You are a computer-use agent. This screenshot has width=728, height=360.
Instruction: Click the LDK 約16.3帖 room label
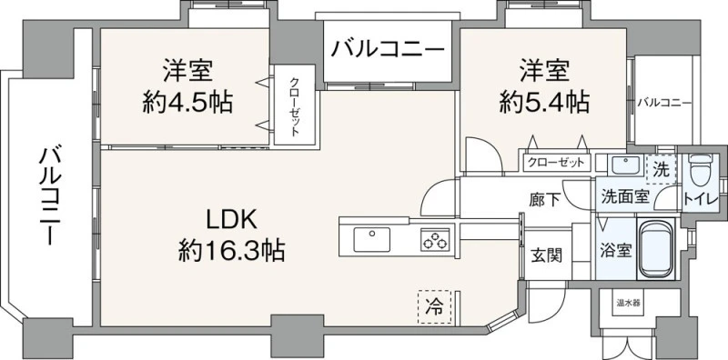(231, 235)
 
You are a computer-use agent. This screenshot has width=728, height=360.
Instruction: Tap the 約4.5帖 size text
(187, 103)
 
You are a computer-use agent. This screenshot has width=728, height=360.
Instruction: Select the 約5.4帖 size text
(544, 103)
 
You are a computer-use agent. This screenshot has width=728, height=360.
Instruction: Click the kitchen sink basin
(372, 239)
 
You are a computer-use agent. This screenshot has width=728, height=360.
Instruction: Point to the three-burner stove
(435, 239)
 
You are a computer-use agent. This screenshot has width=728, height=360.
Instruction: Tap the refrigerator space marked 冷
(434, 306)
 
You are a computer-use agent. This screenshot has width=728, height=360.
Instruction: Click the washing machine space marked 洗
(662, 170)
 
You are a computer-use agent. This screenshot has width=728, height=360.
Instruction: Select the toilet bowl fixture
(700, 170)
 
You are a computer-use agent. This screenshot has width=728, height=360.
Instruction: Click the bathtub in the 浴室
(655, 249)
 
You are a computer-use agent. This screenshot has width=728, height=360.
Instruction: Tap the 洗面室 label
(624, 196)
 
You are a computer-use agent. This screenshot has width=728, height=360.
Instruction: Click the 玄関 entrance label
(547, 255)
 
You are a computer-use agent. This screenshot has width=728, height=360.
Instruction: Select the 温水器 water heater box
(628, 304)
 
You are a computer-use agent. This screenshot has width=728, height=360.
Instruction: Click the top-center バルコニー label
(389, 49)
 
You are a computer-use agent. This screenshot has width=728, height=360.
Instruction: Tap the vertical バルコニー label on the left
(49, 195)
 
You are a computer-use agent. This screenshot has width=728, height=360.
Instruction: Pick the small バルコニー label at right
(664, 103)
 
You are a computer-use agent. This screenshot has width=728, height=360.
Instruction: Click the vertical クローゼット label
(294, 106)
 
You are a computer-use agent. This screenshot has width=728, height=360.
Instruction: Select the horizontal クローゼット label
(556, 163)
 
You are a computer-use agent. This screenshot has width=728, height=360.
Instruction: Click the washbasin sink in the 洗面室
(625, 165)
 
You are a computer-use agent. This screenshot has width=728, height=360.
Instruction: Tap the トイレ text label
(701, 199)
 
